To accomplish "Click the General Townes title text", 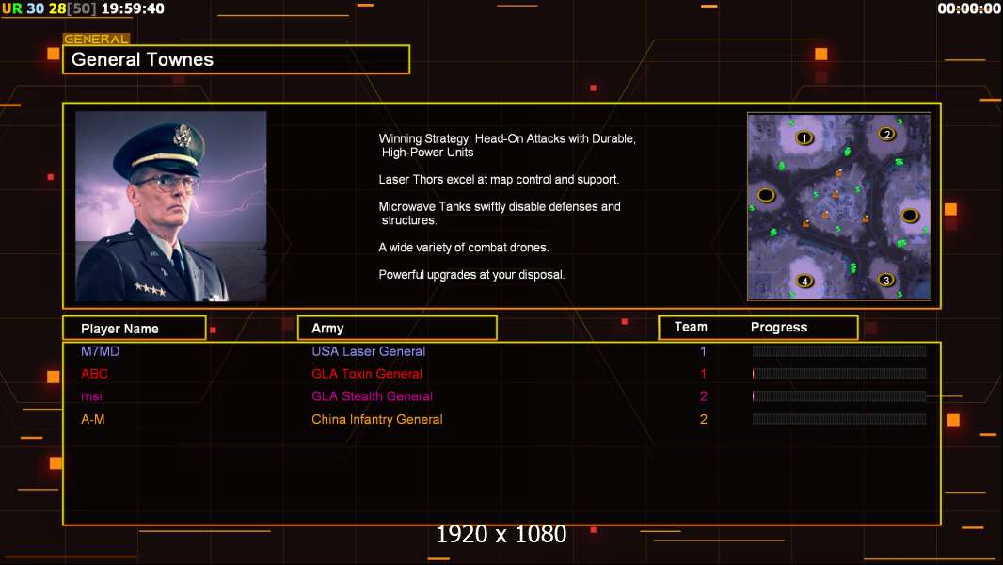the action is pyautogui.click(x=142, y=59).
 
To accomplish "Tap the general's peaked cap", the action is pyautogui.click(x=161, y=147).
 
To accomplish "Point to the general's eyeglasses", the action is pyautogui.click(x=167, y=184).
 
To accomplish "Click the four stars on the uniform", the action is pyautogui.click(x=151, y=289).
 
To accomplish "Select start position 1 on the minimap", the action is pyautogui.click(x=804, y=137).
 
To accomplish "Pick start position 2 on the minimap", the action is pyautogui.click(x=886, y=134).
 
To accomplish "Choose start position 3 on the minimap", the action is pyautogui.click(x=886, y=280).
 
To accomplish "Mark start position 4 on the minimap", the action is pyautogui.click(x=804, y=281).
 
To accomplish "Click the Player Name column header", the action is pyautogui.click(x=119, y=329).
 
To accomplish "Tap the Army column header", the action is pyautogui.click(x=327, y=329).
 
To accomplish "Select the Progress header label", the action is pyautogui.click(x=778, y=328).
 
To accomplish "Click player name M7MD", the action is pyautogui.click(x=101, y=351).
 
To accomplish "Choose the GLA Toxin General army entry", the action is pyautogui.click(x=367, y=374).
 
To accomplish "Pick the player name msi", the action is pyautogui.click(x=91, y=396).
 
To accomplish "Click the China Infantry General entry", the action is pyautogui.click(x=376, y=420).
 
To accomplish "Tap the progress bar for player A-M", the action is pyautogui.click(x=839, y=419).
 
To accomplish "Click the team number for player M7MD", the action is pyautogui.click(x=703, y=351).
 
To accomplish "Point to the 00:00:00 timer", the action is pyautogui.click(x=968, y=8).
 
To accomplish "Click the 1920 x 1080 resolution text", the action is pyautogui.click(x=501, y=534).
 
